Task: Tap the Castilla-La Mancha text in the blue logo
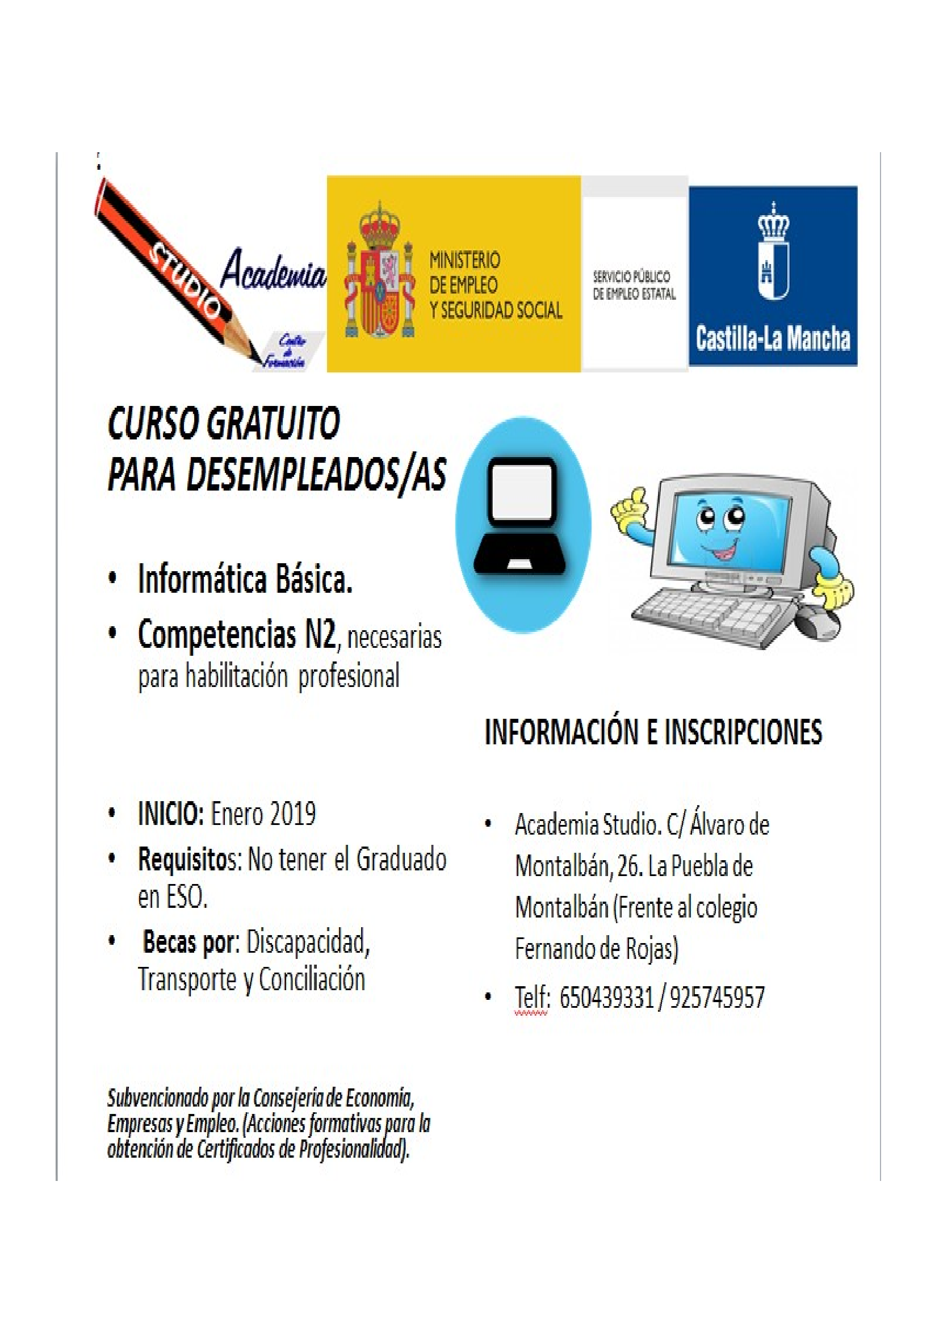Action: point(773,339)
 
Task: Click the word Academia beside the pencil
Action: point(273,269)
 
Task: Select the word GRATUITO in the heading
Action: point(273,425)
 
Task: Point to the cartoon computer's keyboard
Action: point(712,615)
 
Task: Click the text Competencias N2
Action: point(237,634)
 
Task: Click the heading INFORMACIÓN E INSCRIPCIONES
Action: point(653,732)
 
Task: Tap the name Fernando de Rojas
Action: point(596,949)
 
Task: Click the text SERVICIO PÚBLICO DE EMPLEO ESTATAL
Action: point(634,285)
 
